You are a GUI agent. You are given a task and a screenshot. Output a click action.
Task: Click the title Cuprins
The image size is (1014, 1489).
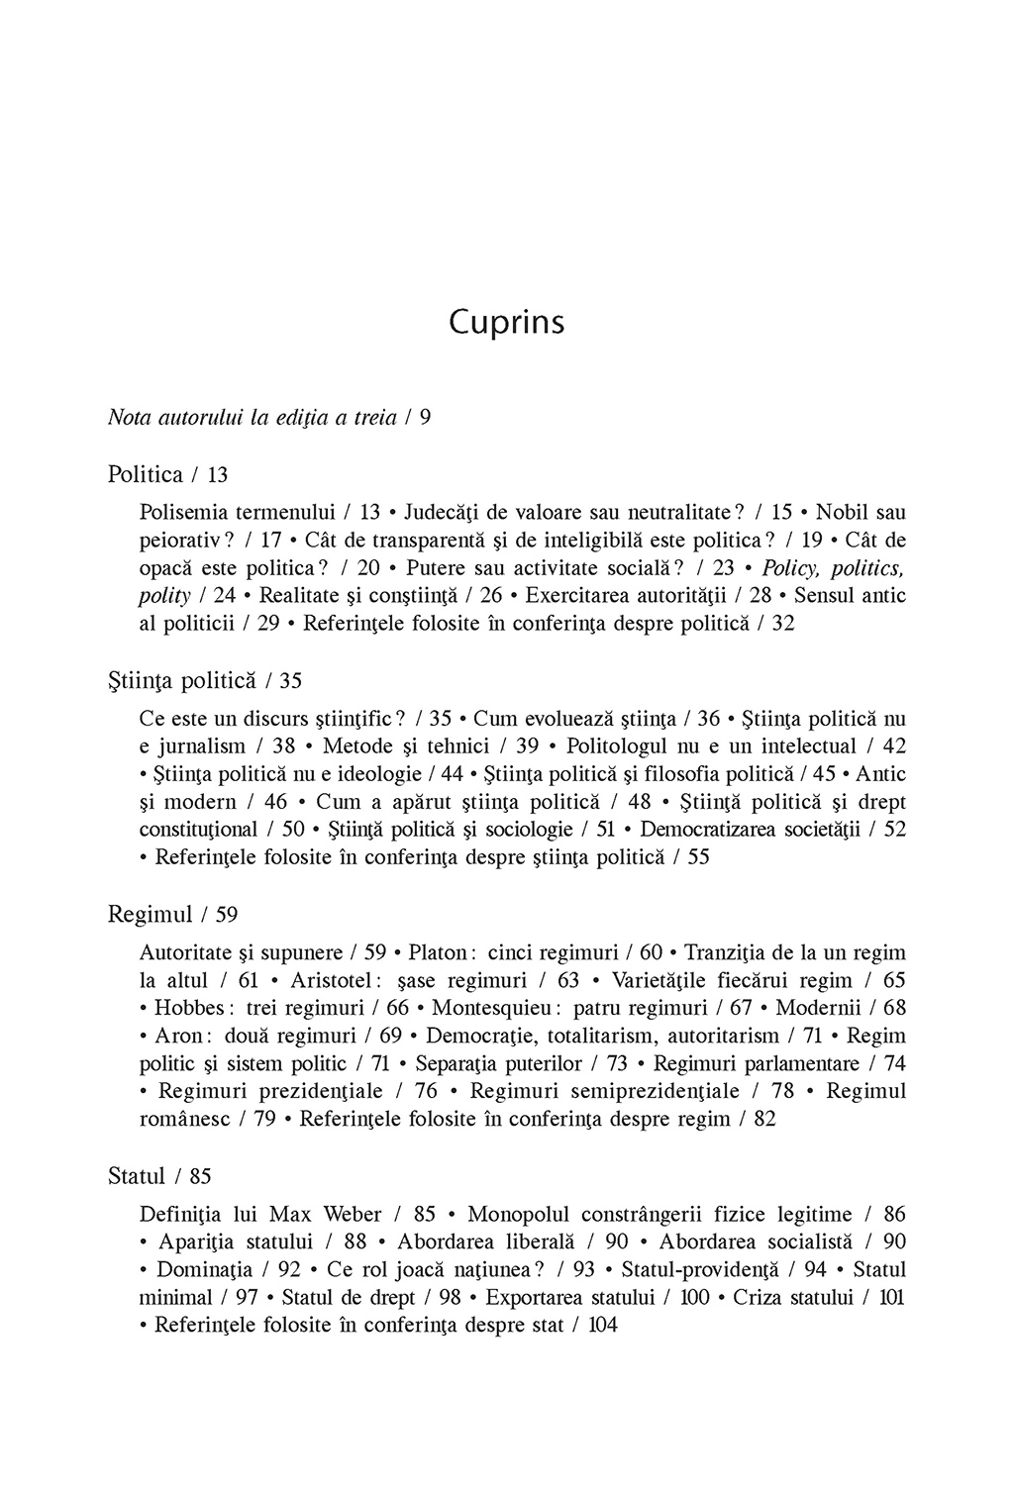click(506, 324)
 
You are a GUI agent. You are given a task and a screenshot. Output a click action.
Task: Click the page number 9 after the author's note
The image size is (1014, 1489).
click(425, 417)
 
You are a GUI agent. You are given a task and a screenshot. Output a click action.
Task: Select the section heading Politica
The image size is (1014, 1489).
click(145, 475)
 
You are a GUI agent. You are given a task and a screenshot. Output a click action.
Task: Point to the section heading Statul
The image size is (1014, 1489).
click(136, 1176)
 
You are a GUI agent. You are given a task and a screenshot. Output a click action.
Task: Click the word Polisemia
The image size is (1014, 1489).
click(184, 513)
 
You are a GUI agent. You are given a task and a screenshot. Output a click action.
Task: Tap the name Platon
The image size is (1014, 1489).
click(436, 952)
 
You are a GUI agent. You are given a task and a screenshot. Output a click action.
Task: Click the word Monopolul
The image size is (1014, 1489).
click(520, 1214)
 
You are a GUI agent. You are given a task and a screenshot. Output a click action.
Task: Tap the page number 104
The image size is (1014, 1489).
click(602, 1325)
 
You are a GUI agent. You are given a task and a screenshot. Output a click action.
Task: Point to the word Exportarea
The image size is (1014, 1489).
click(536, 1297)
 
